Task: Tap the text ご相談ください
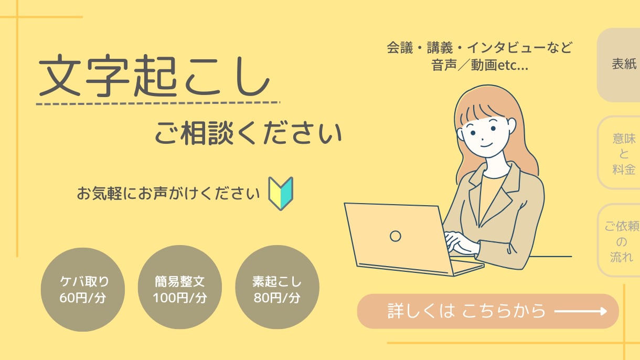point(248,133)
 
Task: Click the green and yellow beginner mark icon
point(281,194)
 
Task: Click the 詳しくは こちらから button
point(488,311)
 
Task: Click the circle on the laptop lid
point(396,236)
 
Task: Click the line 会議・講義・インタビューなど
point(479,48)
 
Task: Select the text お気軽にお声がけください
point(168,194)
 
